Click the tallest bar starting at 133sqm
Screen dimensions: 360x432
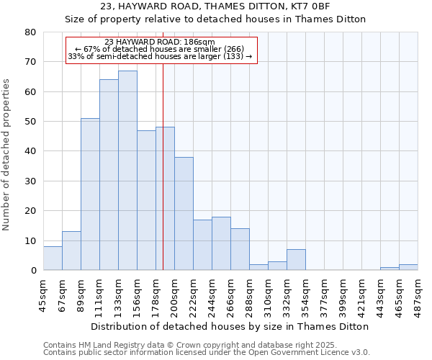(127, 171)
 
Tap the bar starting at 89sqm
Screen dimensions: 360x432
(90, 194)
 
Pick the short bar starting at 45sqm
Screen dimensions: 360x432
(53, 258)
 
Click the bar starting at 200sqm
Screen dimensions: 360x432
(184, 214)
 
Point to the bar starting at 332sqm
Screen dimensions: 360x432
(296, 260)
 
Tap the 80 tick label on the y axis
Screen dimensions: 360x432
(30, 32)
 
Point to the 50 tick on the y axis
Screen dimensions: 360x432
(30, 122)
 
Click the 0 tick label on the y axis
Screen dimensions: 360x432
(33, 271)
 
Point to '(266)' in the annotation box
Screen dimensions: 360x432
(232, 49)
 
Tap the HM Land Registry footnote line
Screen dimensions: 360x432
(185, 345)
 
